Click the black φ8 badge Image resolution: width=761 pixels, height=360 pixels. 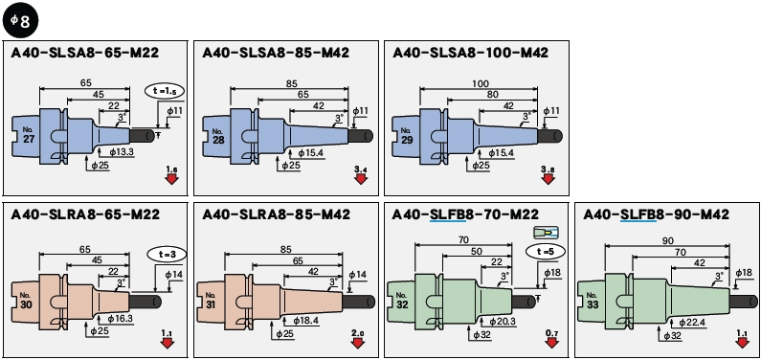(20, 22)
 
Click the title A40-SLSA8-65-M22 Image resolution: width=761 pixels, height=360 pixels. (85, 53)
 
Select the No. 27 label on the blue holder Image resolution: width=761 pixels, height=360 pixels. (28, 134)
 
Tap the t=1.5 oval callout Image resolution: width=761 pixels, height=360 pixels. (165, 91)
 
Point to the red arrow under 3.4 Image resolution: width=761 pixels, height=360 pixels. (360, 179)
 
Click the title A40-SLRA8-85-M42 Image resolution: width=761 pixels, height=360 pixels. (276, 214)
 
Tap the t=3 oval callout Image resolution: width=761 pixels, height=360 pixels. (167, 255)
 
